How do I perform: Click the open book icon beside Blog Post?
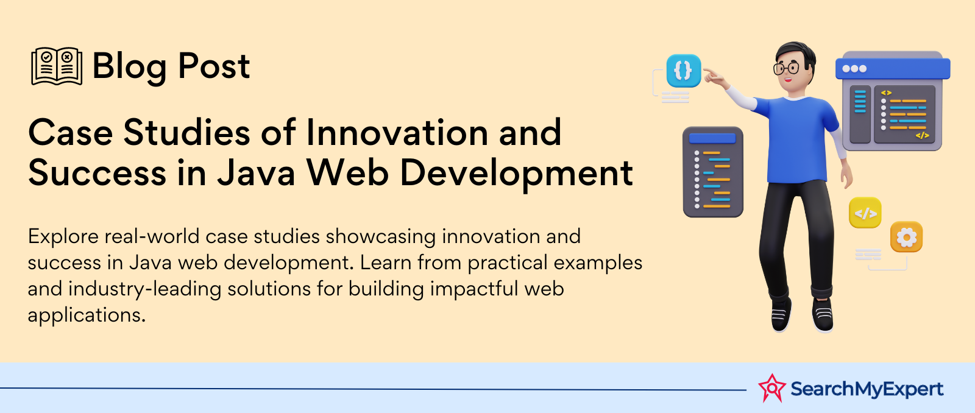[x=57, y=66]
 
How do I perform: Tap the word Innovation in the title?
[x=397, y=132]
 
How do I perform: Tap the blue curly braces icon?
[x=683, y=71]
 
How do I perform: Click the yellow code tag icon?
[x=865, y=213]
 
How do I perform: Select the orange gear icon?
[x=906, y=237]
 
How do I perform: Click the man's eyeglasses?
[x=786, y=68]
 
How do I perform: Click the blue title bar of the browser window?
[x=893, y=69]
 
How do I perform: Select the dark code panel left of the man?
[x=713, y=172]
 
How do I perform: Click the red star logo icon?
[x=771, y=388]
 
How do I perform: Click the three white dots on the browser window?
[x=854, y=69]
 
